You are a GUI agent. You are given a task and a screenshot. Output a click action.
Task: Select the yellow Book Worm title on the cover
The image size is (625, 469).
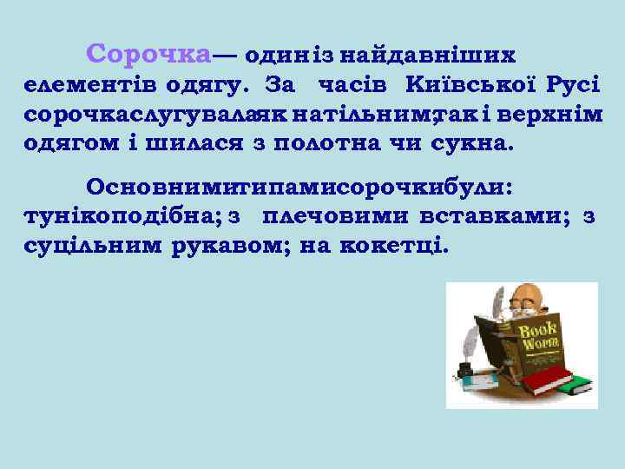[538, 337]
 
